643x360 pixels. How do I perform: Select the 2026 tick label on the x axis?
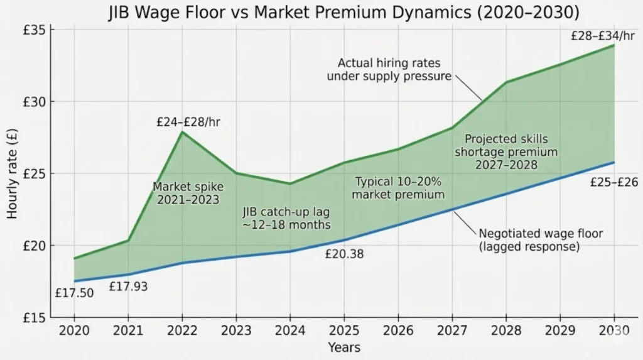coord(397,331)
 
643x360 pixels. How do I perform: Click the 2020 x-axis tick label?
coord(75,331)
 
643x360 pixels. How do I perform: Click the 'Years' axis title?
coord(344,347)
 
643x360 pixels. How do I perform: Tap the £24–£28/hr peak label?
coord(188,122)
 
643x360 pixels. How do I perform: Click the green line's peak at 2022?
coord(183,132)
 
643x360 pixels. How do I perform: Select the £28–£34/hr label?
coord(603,36)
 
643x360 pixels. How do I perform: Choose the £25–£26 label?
coord(614,182)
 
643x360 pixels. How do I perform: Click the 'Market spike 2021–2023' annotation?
coord(188,194)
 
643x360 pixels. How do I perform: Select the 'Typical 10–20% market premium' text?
coord(398,188)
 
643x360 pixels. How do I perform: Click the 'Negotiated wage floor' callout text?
coord(541,240)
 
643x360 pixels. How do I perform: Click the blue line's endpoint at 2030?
coord(613,163)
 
